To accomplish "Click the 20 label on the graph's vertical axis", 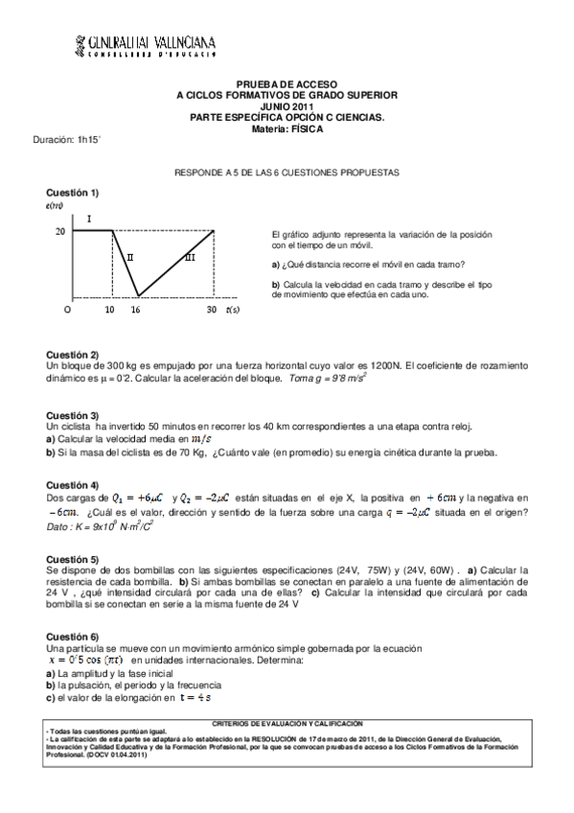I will pyautogui.click(x=59, y=231).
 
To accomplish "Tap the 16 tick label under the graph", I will pyautogui.click(x=135, y=311).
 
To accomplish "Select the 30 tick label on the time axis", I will pyautogui.click(x=212, y=311).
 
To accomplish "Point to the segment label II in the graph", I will pyautogui.click(x=129, y=257).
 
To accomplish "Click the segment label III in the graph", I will pyautogui.click(x=190, y=257).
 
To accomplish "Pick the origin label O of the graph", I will pyautogui.click(x=67, y=311).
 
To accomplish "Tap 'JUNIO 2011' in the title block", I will pyautogui.click(x=287, y=106).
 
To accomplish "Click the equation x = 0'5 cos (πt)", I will pyautogui.click(x=85, y=661).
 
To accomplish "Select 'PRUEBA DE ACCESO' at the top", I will pyautogui.click(x=287, y=85).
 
